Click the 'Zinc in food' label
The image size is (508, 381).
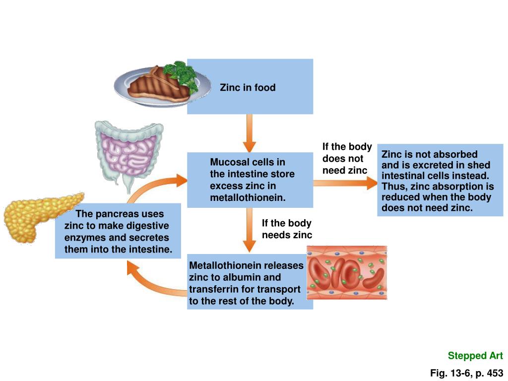(248, 88)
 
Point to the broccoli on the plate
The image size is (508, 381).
(182, 73)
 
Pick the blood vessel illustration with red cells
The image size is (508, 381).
(347, 272)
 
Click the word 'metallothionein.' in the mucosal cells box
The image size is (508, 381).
(248, 198)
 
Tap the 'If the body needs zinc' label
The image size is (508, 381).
(287, 229)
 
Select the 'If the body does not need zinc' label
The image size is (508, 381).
(347, 158)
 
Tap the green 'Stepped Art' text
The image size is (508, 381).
(475, 356)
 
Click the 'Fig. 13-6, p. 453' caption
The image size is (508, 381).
(466, 373)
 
